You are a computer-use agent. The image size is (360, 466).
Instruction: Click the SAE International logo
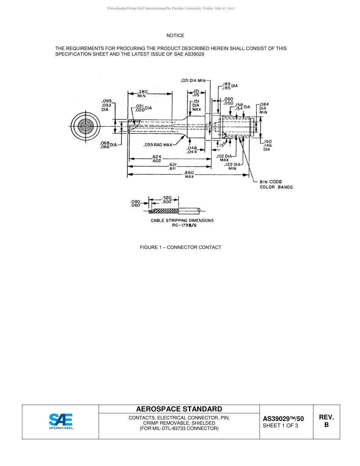61,421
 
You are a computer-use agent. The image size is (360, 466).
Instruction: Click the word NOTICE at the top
175,36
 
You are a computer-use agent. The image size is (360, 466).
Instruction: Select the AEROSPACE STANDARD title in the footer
179,409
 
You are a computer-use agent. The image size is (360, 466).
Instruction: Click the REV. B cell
326,421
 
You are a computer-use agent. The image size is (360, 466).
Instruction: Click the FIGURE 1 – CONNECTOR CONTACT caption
180,247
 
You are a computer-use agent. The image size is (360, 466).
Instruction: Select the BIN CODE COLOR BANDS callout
276,185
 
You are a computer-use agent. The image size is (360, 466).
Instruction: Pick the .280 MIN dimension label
142,94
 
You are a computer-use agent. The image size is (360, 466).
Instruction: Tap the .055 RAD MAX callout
158,145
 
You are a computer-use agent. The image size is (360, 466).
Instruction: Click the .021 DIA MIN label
193,80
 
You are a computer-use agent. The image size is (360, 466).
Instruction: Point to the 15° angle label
224,144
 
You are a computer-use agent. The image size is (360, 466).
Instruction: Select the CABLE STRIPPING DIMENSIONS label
182,220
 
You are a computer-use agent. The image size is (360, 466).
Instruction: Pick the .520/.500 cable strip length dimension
167,200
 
